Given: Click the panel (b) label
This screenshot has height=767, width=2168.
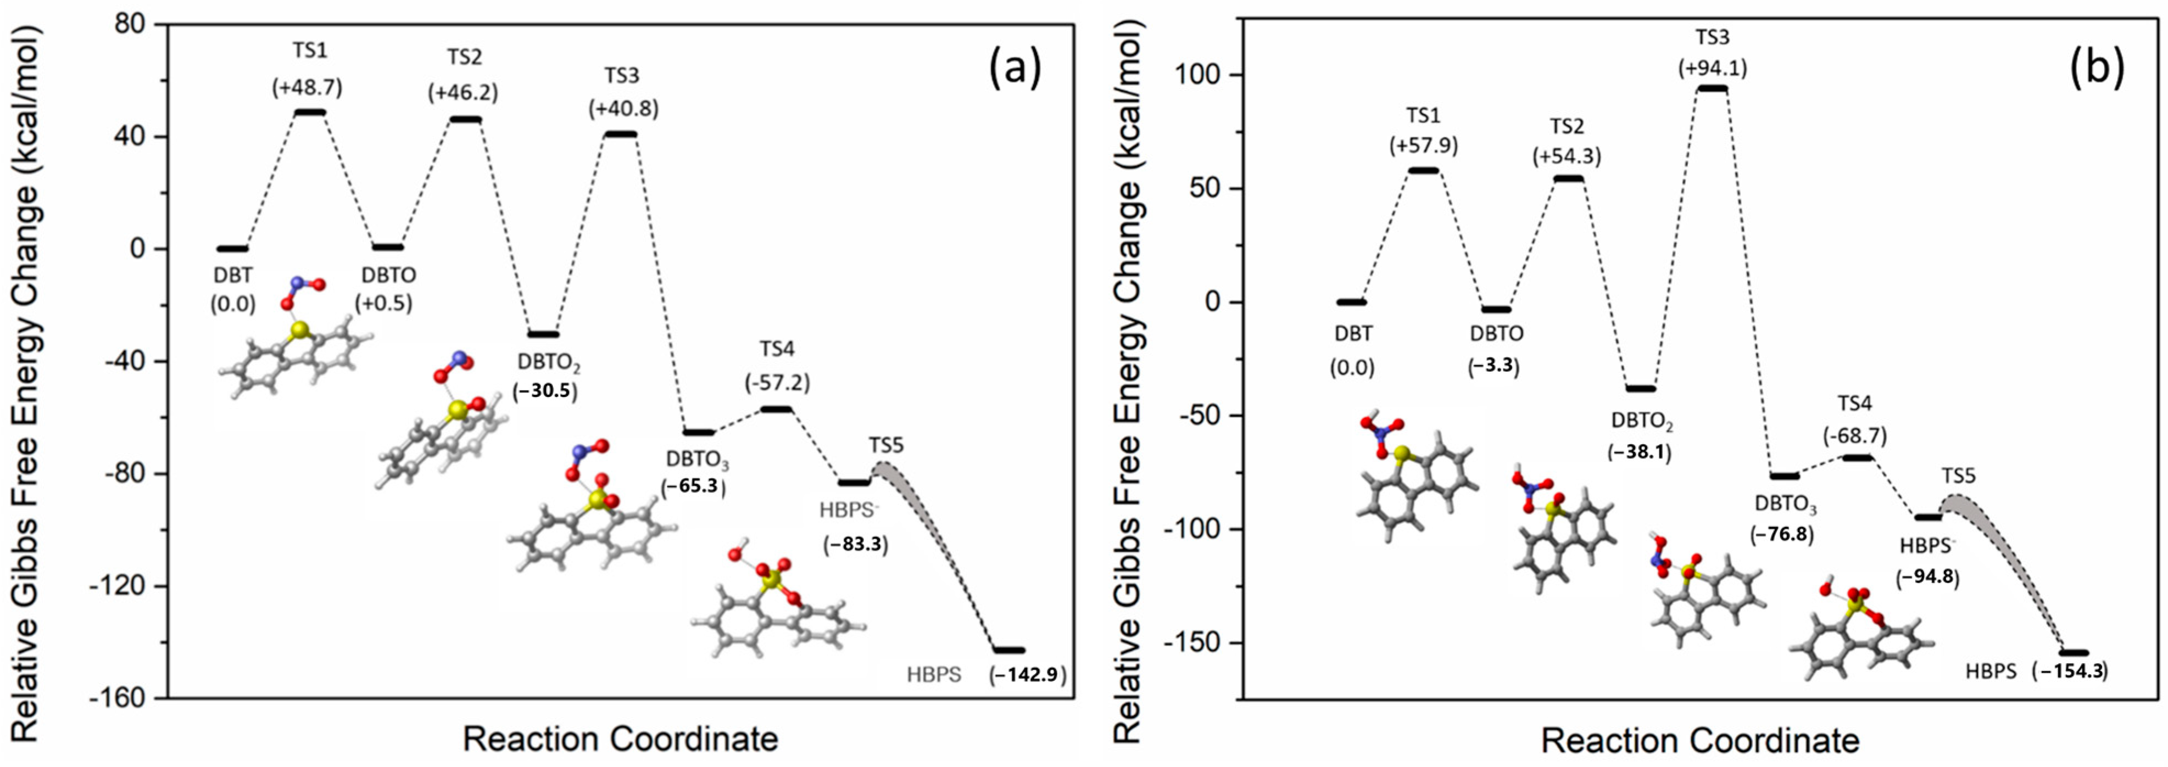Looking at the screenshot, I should (2095, 68).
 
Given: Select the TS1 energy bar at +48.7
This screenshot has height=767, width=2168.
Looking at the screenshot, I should (310, 112).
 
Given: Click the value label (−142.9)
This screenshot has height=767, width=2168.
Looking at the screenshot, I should (1028, 675).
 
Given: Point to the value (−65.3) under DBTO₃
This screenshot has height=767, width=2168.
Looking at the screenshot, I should (694, 485).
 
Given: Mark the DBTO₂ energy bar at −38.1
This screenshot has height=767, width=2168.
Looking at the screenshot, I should (1640, 389).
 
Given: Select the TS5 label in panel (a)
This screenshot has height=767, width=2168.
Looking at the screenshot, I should (886, 445).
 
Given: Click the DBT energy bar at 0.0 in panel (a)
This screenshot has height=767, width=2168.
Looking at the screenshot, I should (232, 249).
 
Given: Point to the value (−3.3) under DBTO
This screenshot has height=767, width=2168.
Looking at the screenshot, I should (1494, 367).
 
